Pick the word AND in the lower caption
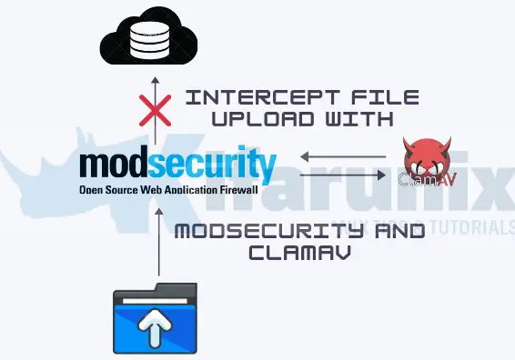point(393,232)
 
